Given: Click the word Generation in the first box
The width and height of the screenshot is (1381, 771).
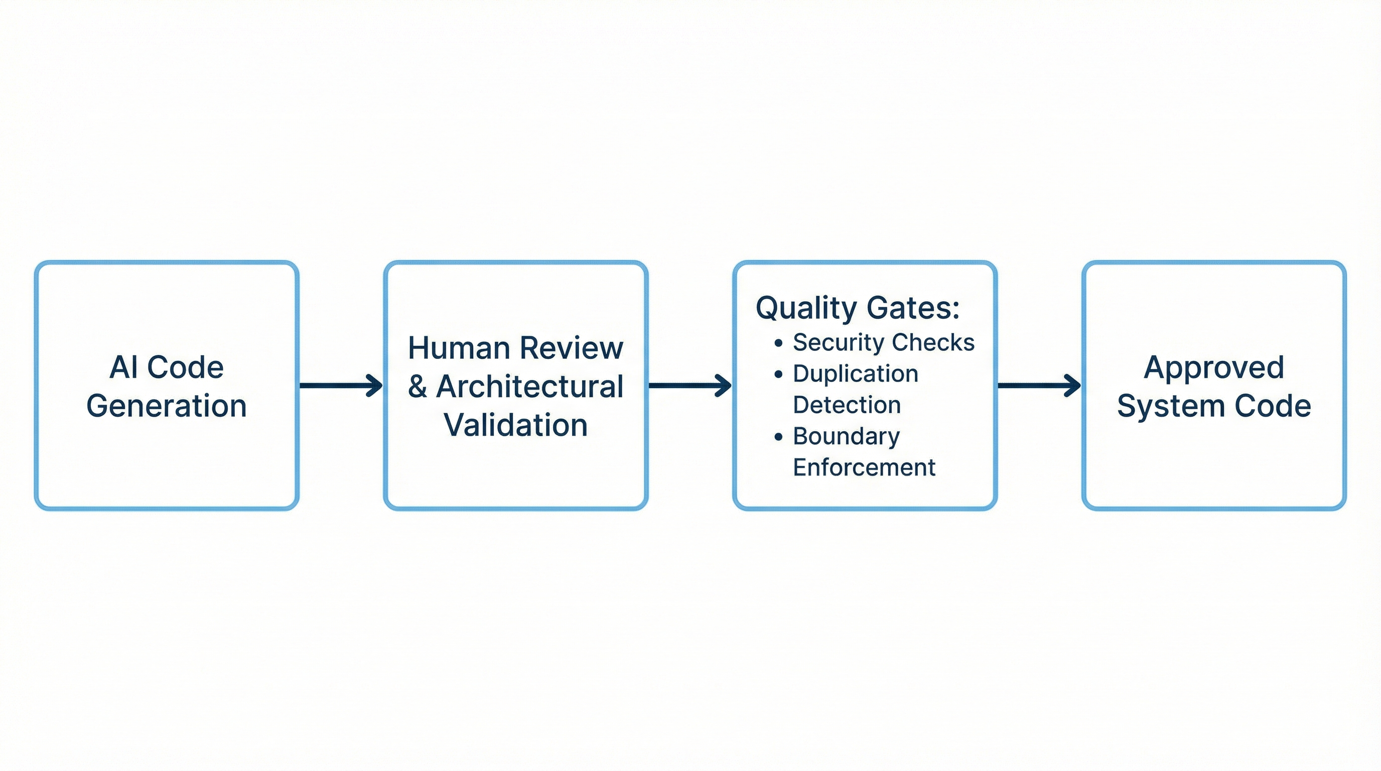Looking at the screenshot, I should pos(166,406).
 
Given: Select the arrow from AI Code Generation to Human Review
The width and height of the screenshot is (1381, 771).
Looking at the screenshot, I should pos(341,385).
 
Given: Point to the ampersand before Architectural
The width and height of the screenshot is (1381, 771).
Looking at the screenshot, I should pos(418,387).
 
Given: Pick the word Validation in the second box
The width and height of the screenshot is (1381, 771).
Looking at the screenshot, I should pos(516,425).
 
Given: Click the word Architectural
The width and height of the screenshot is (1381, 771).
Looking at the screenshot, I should pos(530,387).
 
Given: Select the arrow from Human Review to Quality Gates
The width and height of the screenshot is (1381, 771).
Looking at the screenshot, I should pos(690,385).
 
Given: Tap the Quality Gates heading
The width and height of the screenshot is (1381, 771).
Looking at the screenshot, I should pos(857,308).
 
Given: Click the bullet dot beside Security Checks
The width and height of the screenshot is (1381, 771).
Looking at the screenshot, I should pos(778,343).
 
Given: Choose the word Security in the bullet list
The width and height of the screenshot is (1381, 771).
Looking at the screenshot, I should pos(839,343).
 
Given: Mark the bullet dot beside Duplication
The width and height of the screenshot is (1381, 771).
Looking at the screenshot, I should pos(778,374).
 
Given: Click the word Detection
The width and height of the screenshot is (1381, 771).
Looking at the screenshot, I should pos(847,405).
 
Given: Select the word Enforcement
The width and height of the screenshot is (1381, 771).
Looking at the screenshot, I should pos(864,467).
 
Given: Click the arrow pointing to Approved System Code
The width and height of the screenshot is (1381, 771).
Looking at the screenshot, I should pos(1039,385).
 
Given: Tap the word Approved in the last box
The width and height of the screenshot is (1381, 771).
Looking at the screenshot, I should pos(1214,368).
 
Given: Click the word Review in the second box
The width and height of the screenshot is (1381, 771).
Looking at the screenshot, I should pos(572,348).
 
